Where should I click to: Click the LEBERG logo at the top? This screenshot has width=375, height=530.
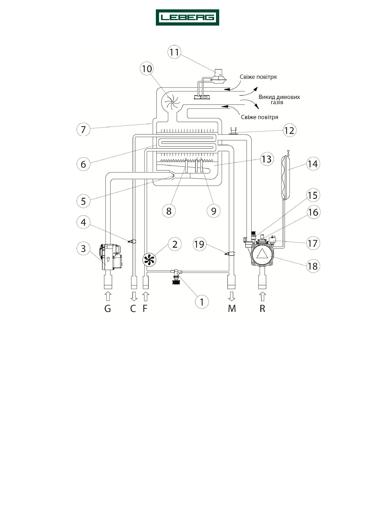click(187, 17)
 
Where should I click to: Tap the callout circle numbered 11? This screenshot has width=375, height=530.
click(174, 52)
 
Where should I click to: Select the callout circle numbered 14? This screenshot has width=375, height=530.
click(313, 164)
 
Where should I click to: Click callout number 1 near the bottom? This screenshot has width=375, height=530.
click(202, 302)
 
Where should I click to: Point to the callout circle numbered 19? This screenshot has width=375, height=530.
click(199, 244)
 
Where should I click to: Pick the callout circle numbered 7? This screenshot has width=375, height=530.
click(83, 129)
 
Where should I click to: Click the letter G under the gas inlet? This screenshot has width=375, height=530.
click(108, 308)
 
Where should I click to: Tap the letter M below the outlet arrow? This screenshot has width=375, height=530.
click(232, 308)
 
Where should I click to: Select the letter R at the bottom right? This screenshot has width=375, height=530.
click(262, 308)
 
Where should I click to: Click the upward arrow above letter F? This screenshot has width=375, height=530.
click(145, 296)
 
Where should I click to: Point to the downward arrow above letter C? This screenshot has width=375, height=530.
click(134, 296)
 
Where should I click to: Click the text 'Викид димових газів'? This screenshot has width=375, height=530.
click(279, 99)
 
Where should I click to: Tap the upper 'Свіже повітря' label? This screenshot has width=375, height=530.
click(258, 77)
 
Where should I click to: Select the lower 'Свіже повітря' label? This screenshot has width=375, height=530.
click(259, 117)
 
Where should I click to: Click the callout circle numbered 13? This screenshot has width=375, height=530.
click(266, 159)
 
